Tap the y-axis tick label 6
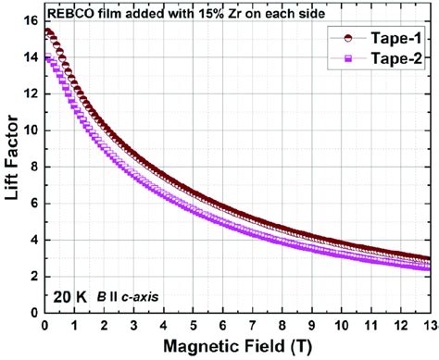click(x=31, y=203)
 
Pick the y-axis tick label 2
click(x=31, y=276)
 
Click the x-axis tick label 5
click(x=193, y=326)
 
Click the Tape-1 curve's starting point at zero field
click(x=45, y=31)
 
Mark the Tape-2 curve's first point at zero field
click(x=45, y=57)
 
